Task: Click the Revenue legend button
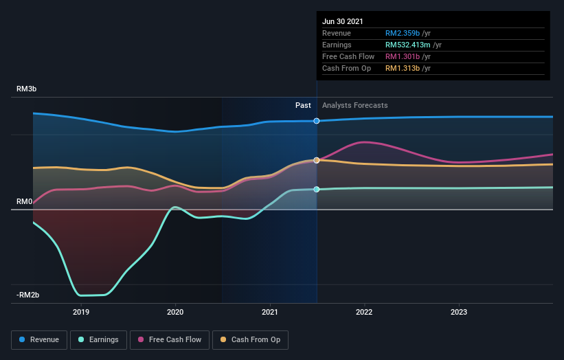tap(40, 339)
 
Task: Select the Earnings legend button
tap(99, 339)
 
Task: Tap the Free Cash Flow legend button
tap(169, 339)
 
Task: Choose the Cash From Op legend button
tap(251, 339)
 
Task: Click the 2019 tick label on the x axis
tap(81, 312)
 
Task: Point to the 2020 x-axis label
tap(175, 312)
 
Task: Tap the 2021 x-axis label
tap(270, 312)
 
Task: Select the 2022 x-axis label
tap(364, 312)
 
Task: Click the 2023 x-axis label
tap(459, 312)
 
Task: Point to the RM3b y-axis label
tap(28, 89)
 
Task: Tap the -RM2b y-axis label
tap(29, 295)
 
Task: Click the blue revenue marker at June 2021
tap(317, 121)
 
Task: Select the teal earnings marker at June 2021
tap(317, 189)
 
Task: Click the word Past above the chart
tap(303, 106)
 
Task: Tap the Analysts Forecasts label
tap(354, 106)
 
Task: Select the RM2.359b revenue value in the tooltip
tap(403, 33)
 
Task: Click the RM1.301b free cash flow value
tap(403, 56)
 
